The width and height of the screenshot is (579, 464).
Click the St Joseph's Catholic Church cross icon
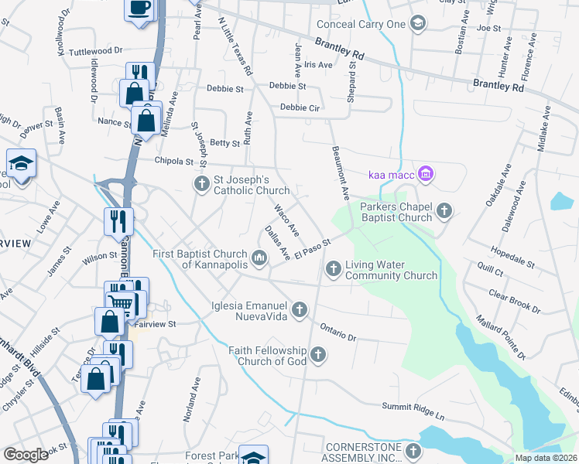[x=201, y=183]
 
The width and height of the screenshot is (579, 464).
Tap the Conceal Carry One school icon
[x=419, y=24]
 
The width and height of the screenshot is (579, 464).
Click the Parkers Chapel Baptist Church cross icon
[x=444, y=210]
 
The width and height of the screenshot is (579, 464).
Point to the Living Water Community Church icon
[x=334, y=268]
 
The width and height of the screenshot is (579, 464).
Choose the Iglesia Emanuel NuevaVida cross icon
[x=300, y=310]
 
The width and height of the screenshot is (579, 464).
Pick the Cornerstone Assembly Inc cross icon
[x=413, y=451]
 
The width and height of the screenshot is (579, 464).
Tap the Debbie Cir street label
[x=300, y=107]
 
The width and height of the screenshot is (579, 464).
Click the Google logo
[x=26, y=454]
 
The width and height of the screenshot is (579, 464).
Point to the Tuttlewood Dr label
[x=96, y=51]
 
